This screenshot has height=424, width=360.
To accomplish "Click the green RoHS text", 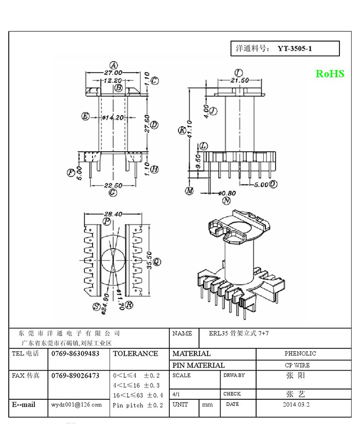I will click(330, 74).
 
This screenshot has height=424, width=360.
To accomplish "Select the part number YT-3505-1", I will click(295, 49).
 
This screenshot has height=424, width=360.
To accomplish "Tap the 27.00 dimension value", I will click(113, 73).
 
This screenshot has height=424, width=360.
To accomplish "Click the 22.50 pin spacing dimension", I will click(113, 186).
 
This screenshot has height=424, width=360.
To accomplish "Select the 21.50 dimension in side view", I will click(239, 80).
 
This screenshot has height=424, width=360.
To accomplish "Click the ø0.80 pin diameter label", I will click(227, 193).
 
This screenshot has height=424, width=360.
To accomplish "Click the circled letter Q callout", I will click(157, 262).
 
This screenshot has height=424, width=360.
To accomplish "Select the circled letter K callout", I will click(182, 130).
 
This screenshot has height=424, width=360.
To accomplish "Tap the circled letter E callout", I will click(86, 116).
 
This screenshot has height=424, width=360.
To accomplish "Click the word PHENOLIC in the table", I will click(300, 354).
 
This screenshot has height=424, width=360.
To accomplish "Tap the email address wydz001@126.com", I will click(76, 405).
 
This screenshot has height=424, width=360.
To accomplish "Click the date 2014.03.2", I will click(296, 404).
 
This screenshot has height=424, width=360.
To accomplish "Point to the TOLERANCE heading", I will click(135, 354).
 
